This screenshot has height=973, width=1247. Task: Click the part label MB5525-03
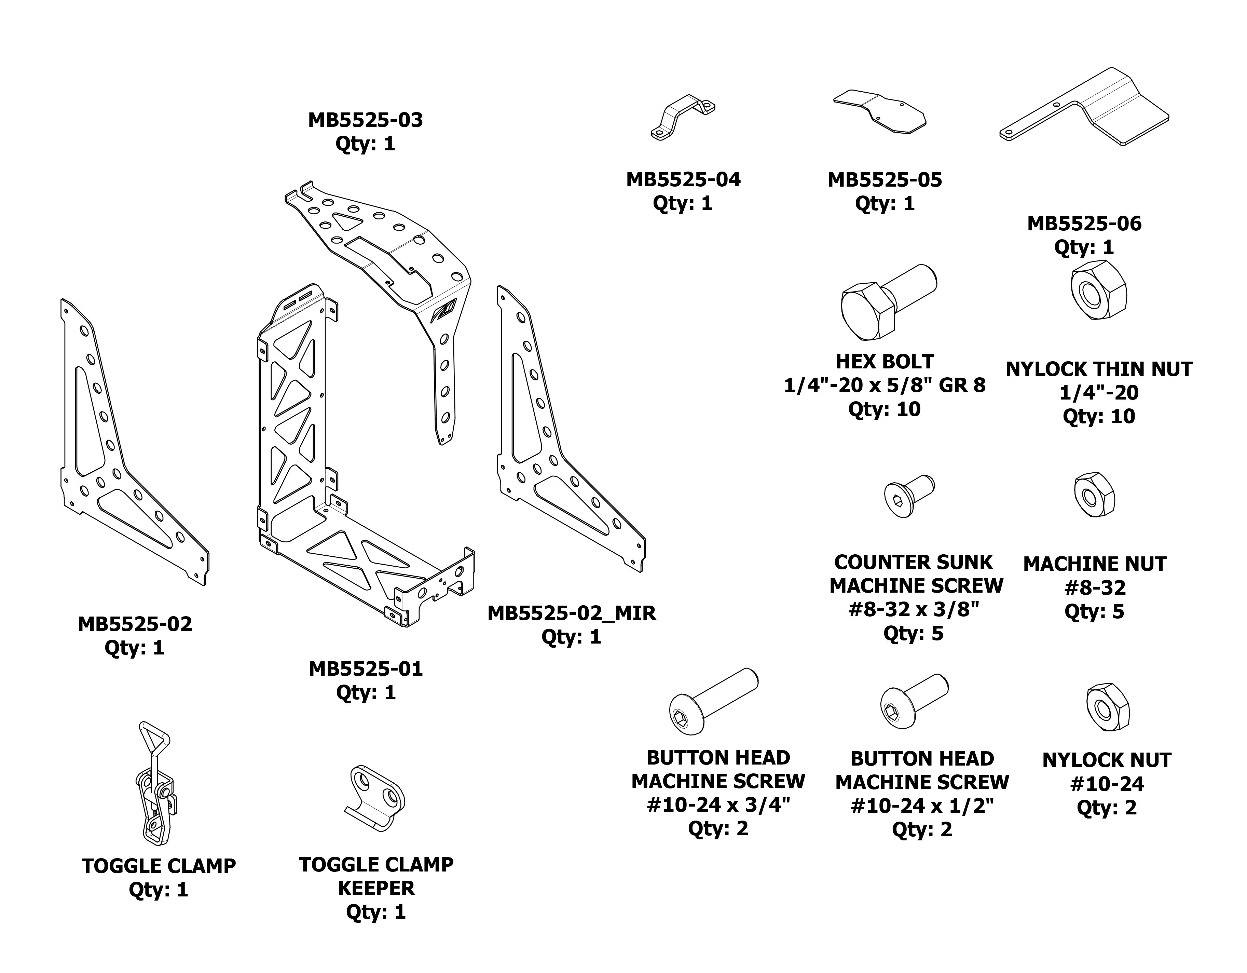366,120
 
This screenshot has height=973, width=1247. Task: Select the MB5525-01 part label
366,668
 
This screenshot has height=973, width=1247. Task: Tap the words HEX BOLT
885,362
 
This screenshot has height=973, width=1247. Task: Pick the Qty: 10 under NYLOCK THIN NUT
1098,416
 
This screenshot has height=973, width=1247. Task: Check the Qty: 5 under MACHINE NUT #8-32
1094,611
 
